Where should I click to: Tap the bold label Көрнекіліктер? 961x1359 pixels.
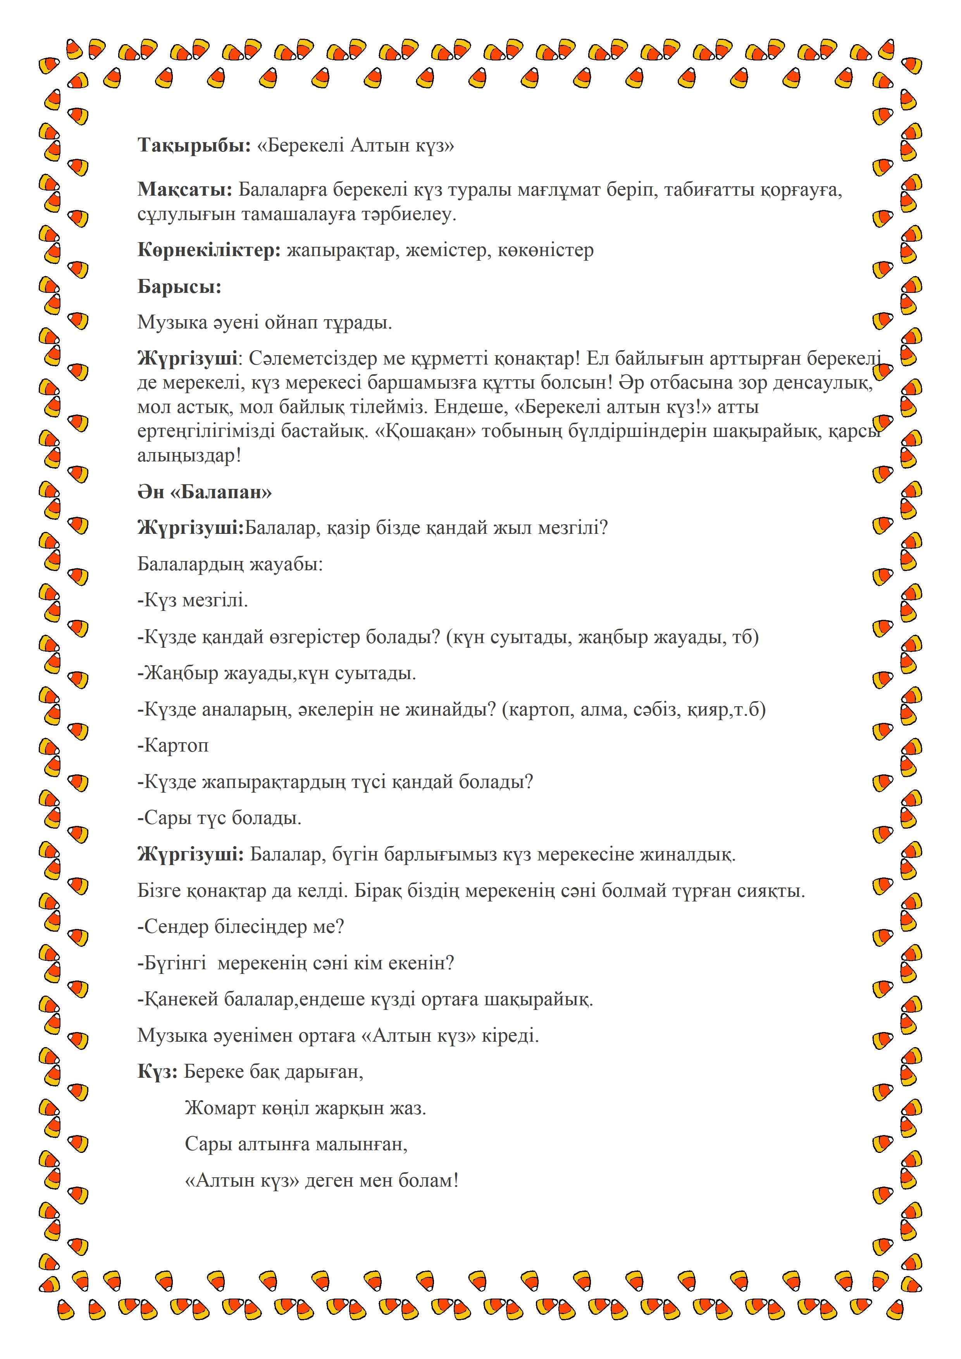point(209,250)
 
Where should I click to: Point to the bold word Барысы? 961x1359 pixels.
point(179,286)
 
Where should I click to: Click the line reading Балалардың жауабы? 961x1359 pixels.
point(230,564)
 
